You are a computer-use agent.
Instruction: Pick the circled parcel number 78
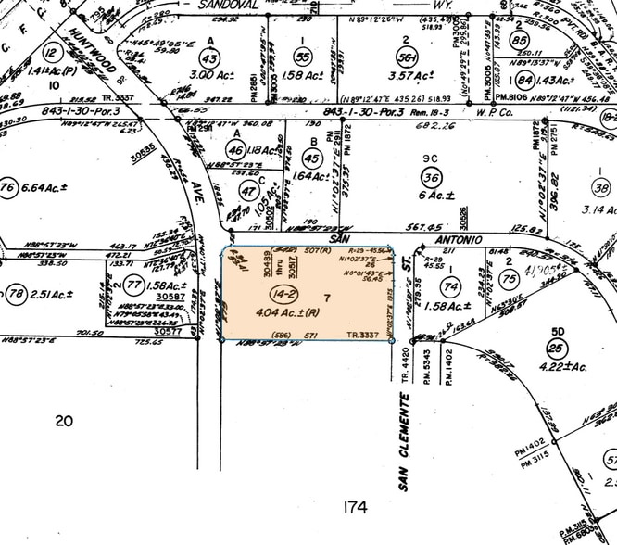click(17, 295)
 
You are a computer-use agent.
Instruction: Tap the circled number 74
click(451, 286)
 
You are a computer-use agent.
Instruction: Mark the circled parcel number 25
click(557, 348)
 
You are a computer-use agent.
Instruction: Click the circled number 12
click(52, 52)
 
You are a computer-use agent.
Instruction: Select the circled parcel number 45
click(311, 158)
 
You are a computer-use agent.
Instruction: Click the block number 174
click(354, 507)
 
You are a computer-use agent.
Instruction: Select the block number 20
click(63, 421)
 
